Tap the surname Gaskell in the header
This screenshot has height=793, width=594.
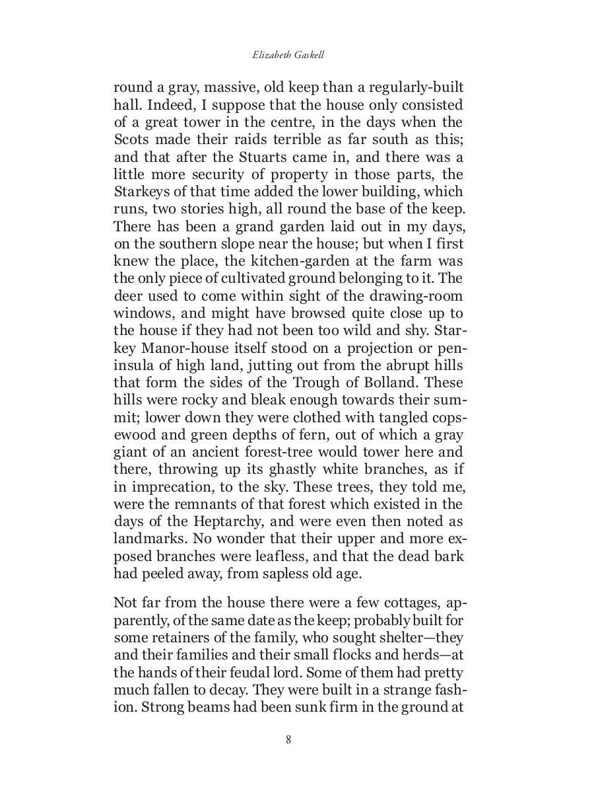tap(309, 55)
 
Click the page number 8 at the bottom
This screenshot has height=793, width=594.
tap(288, 739)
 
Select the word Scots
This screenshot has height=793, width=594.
tap(133, 139)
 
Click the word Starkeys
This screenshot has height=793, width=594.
tap(141, 192)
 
